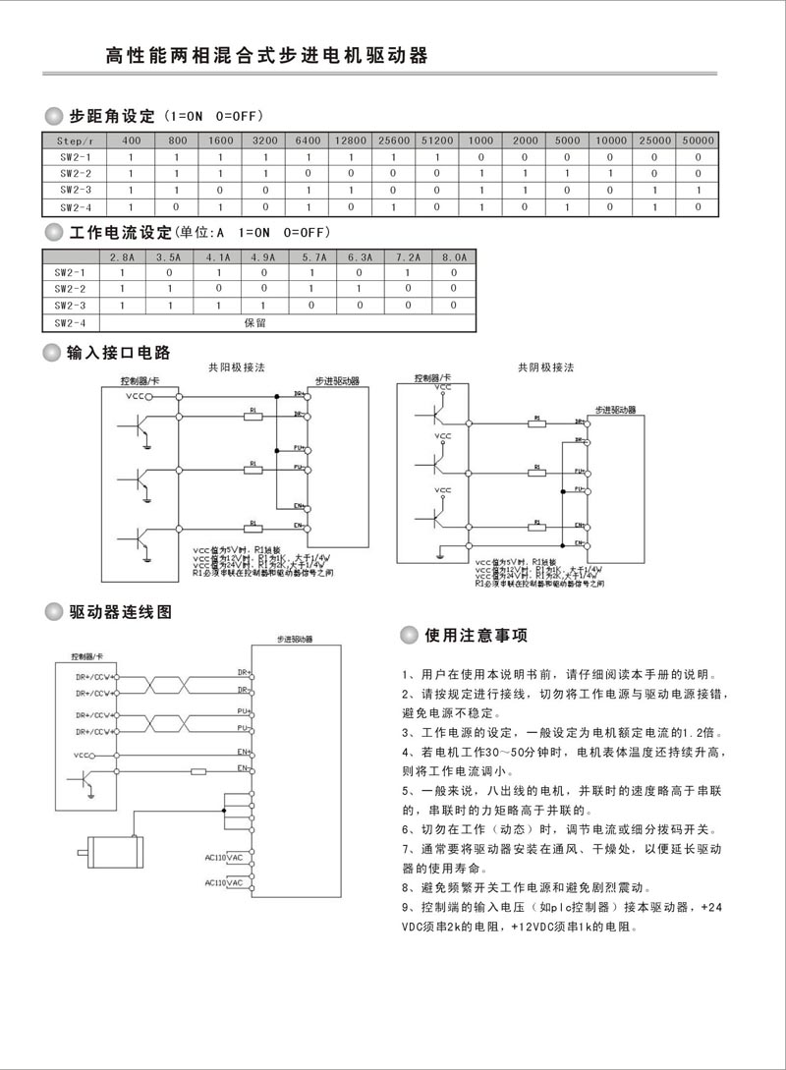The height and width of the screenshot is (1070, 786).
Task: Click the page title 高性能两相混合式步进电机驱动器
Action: [266, 55]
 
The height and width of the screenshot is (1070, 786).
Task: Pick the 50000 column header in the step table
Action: [698, 141]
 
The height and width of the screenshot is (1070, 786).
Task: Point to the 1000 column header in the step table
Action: [480, 141]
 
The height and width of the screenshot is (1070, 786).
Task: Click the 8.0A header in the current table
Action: [453, 256]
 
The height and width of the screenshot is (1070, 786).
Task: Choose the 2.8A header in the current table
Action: [123, 256]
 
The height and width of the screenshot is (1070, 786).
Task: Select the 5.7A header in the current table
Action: [311, 256]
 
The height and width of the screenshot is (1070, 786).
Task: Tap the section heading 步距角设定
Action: [113, 116]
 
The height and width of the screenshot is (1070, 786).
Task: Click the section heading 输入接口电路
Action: [119, 353]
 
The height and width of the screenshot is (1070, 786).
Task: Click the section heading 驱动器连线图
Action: [121, 612]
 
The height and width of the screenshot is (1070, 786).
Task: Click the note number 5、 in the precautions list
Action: [411, 792]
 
